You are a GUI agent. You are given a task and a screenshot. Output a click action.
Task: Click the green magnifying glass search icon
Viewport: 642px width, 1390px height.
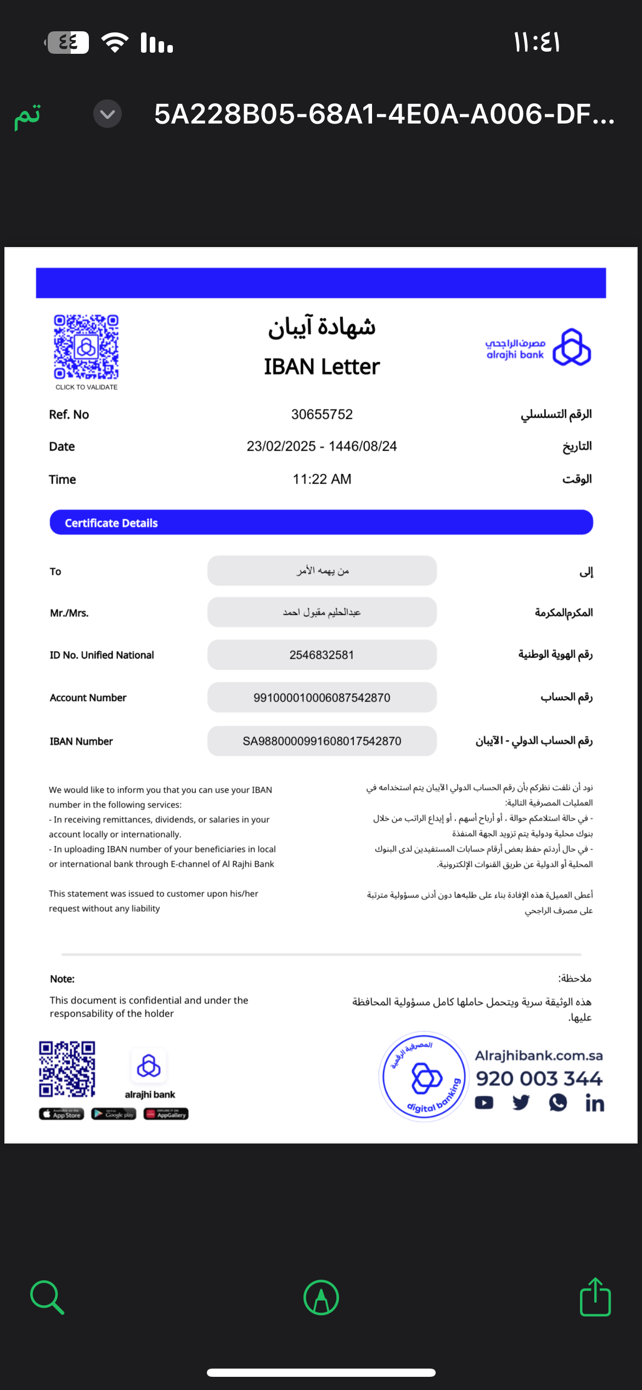click(x=47, y=1298)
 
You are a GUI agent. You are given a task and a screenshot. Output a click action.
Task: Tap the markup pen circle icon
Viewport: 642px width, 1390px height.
click(x=321, y=1298)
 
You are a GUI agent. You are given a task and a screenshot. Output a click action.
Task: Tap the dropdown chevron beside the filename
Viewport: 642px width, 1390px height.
click(x=108, y=114)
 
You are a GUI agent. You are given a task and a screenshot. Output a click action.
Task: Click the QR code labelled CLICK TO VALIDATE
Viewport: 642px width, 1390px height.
click(x=86, y=347)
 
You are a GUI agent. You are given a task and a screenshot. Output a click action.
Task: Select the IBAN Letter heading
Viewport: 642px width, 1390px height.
click(x=322, y=367)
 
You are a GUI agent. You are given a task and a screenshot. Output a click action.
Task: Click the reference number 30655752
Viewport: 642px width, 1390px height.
click(x=322, y=414)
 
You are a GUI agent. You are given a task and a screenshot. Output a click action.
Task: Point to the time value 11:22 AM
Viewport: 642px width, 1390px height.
click(x=322, y=479)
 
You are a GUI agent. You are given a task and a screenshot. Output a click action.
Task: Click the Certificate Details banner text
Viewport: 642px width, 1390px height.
click(x=111, y=523)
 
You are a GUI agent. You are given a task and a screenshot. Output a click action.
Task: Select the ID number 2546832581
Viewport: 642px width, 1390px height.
click(x=322, y=655)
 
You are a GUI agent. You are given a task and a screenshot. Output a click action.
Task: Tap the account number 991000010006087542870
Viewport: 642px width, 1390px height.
click(x=322, y=698)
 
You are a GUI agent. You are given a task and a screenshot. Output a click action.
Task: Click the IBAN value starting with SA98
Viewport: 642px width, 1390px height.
click(x=322, y=741)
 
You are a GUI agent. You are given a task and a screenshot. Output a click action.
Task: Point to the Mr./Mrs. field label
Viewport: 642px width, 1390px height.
click(x=69, y=613)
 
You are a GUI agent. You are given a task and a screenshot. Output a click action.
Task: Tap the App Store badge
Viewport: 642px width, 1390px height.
click(x=61, y=1114)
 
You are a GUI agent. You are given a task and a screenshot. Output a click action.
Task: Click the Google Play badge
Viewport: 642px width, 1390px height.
click(x=114, y=1114)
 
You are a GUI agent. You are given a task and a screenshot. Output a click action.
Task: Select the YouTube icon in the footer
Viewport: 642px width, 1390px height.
click(x=484, y=1103)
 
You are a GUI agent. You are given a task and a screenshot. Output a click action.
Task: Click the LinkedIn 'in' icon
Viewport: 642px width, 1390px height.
click(x=594, y=1103)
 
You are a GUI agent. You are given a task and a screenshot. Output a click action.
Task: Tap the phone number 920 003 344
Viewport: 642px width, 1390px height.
click(x=539, y=1079)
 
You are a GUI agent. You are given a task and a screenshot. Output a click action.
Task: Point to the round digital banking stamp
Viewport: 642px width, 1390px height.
click(x=424, y=1077)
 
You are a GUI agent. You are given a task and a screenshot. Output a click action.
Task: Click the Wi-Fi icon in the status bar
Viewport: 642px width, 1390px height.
click(x=115, y=42)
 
